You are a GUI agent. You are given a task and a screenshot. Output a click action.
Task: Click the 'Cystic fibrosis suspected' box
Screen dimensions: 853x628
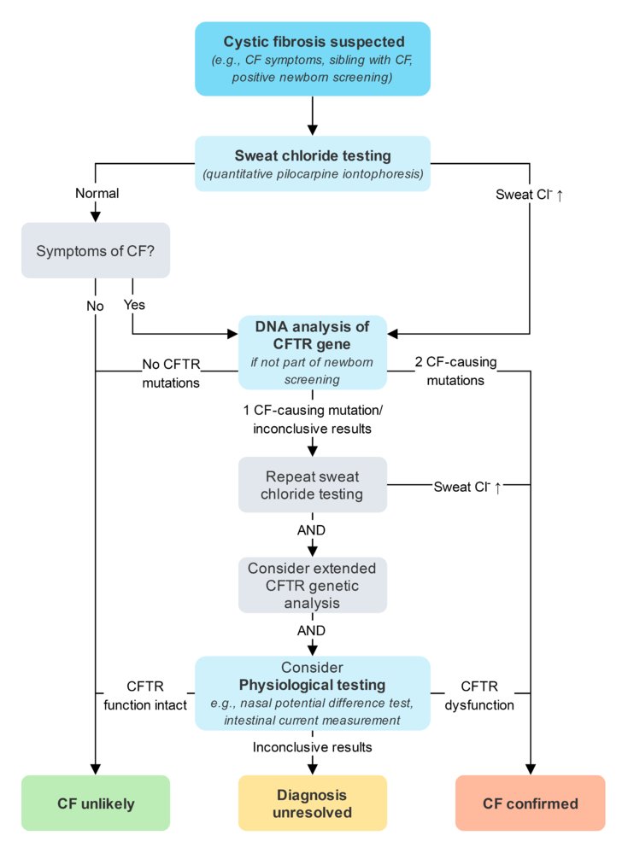313,58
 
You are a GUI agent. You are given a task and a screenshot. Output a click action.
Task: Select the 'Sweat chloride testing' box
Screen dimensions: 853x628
313,164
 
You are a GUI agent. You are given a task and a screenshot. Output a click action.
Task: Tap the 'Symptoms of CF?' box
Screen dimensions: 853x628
95,250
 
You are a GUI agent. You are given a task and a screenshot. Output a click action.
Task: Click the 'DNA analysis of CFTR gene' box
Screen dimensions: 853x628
313,352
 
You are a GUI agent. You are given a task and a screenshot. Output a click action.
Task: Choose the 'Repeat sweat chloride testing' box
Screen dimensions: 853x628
313,484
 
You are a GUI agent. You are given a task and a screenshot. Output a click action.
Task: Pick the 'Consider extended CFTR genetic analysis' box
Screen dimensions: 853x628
313,585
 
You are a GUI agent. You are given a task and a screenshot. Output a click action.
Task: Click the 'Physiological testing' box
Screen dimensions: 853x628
313,692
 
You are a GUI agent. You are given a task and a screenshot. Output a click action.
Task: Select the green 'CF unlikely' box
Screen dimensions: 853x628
95,803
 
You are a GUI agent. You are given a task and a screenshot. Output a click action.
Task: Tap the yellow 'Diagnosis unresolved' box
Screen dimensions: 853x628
313,803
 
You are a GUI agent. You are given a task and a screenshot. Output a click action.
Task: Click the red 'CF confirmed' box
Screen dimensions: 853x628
530,803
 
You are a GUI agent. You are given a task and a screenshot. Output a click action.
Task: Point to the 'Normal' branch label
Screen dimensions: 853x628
96,194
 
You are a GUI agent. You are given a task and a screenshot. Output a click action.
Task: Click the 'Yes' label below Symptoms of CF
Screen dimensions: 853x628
135,304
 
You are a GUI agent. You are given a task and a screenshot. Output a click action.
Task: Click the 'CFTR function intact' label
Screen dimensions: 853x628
145,695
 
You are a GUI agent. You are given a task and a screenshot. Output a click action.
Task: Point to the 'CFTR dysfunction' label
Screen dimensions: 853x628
478,695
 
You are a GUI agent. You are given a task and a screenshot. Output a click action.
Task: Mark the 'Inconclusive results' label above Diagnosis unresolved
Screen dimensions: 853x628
313,746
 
